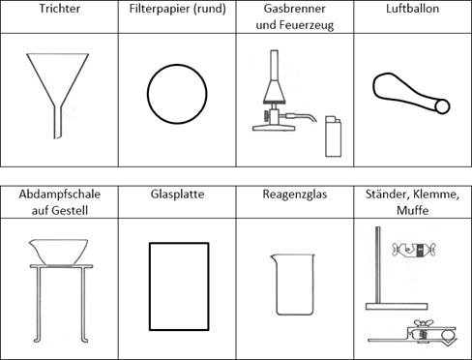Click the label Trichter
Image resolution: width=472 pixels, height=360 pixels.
[x=60, y=9]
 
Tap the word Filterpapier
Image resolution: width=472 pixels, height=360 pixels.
[x=159, y=9]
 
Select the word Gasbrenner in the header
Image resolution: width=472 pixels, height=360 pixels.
[x=295, y=9]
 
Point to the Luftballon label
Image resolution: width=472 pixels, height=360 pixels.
[x=413, y=9]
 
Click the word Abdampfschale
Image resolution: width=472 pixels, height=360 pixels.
[x=60, y=195]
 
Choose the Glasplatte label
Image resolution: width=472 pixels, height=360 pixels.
[x=177, y=195]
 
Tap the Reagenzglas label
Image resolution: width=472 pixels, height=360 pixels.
[x=295, y=195]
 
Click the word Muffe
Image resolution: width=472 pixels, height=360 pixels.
[x=413, y=211]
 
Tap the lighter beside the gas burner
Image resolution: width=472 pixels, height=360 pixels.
[x=333, y=136]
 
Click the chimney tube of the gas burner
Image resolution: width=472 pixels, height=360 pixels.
[x=274, y=65]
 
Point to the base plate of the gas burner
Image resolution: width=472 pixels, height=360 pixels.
[x=274, y=128]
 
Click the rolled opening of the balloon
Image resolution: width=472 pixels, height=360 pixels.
[x=442, y=106]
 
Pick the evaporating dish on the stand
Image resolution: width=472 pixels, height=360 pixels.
[x=58, y=252]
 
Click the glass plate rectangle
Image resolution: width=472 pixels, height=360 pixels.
[x=150, y=286]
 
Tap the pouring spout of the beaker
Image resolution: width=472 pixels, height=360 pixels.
[x=273, y=256]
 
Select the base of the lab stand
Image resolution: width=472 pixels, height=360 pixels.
[x=397, y=307]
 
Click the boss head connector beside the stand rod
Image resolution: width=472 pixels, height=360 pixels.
[x=414, y=249]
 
